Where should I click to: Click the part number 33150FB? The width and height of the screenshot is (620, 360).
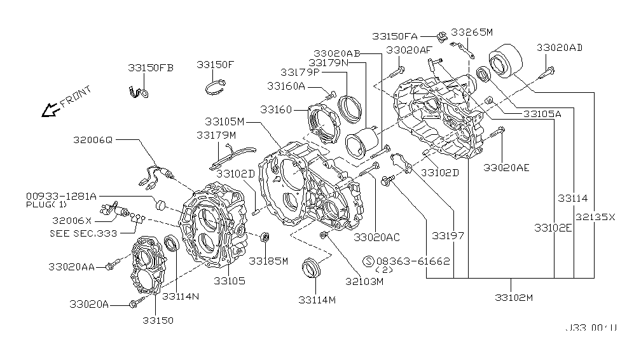pyautogui.click(x=150, y=67)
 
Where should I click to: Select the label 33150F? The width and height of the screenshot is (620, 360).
pyautogui.click(x=215, y=65)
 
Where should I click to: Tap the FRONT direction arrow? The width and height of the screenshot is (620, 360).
pyautogui.click(x=48, y=111)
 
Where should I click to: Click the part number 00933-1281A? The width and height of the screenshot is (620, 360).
pyautogui.click(x=62, y=196)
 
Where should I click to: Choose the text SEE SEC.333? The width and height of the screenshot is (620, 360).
pyautogui.click(x=83, y=233)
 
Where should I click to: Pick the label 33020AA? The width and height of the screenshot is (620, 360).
pyautogui.click(x=70, y=267)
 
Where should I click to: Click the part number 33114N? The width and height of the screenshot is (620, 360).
pyautogui.click(x=181, y=296)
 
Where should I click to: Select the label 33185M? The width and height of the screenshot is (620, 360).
pyautogui.click(x=268, y=261)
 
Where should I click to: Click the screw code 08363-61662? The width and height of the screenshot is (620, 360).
pyautogui.click(x=413, y=261)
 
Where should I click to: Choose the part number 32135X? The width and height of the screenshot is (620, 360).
pyautogui.click(x=595, y=216)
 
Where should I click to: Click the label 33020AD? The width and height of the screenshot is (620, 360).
pyautogui.click(x=560, y=48)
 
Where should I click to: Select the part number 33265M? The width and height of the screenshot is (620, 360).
pyautogui.click(x=472, y=32)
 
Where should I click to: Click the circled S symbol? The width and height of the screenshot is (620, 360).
pyautogui.click(x=368, y=261)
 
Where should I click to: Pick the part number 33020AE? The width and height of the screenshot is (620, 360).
pyautogui.click(x=506, y=167)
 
